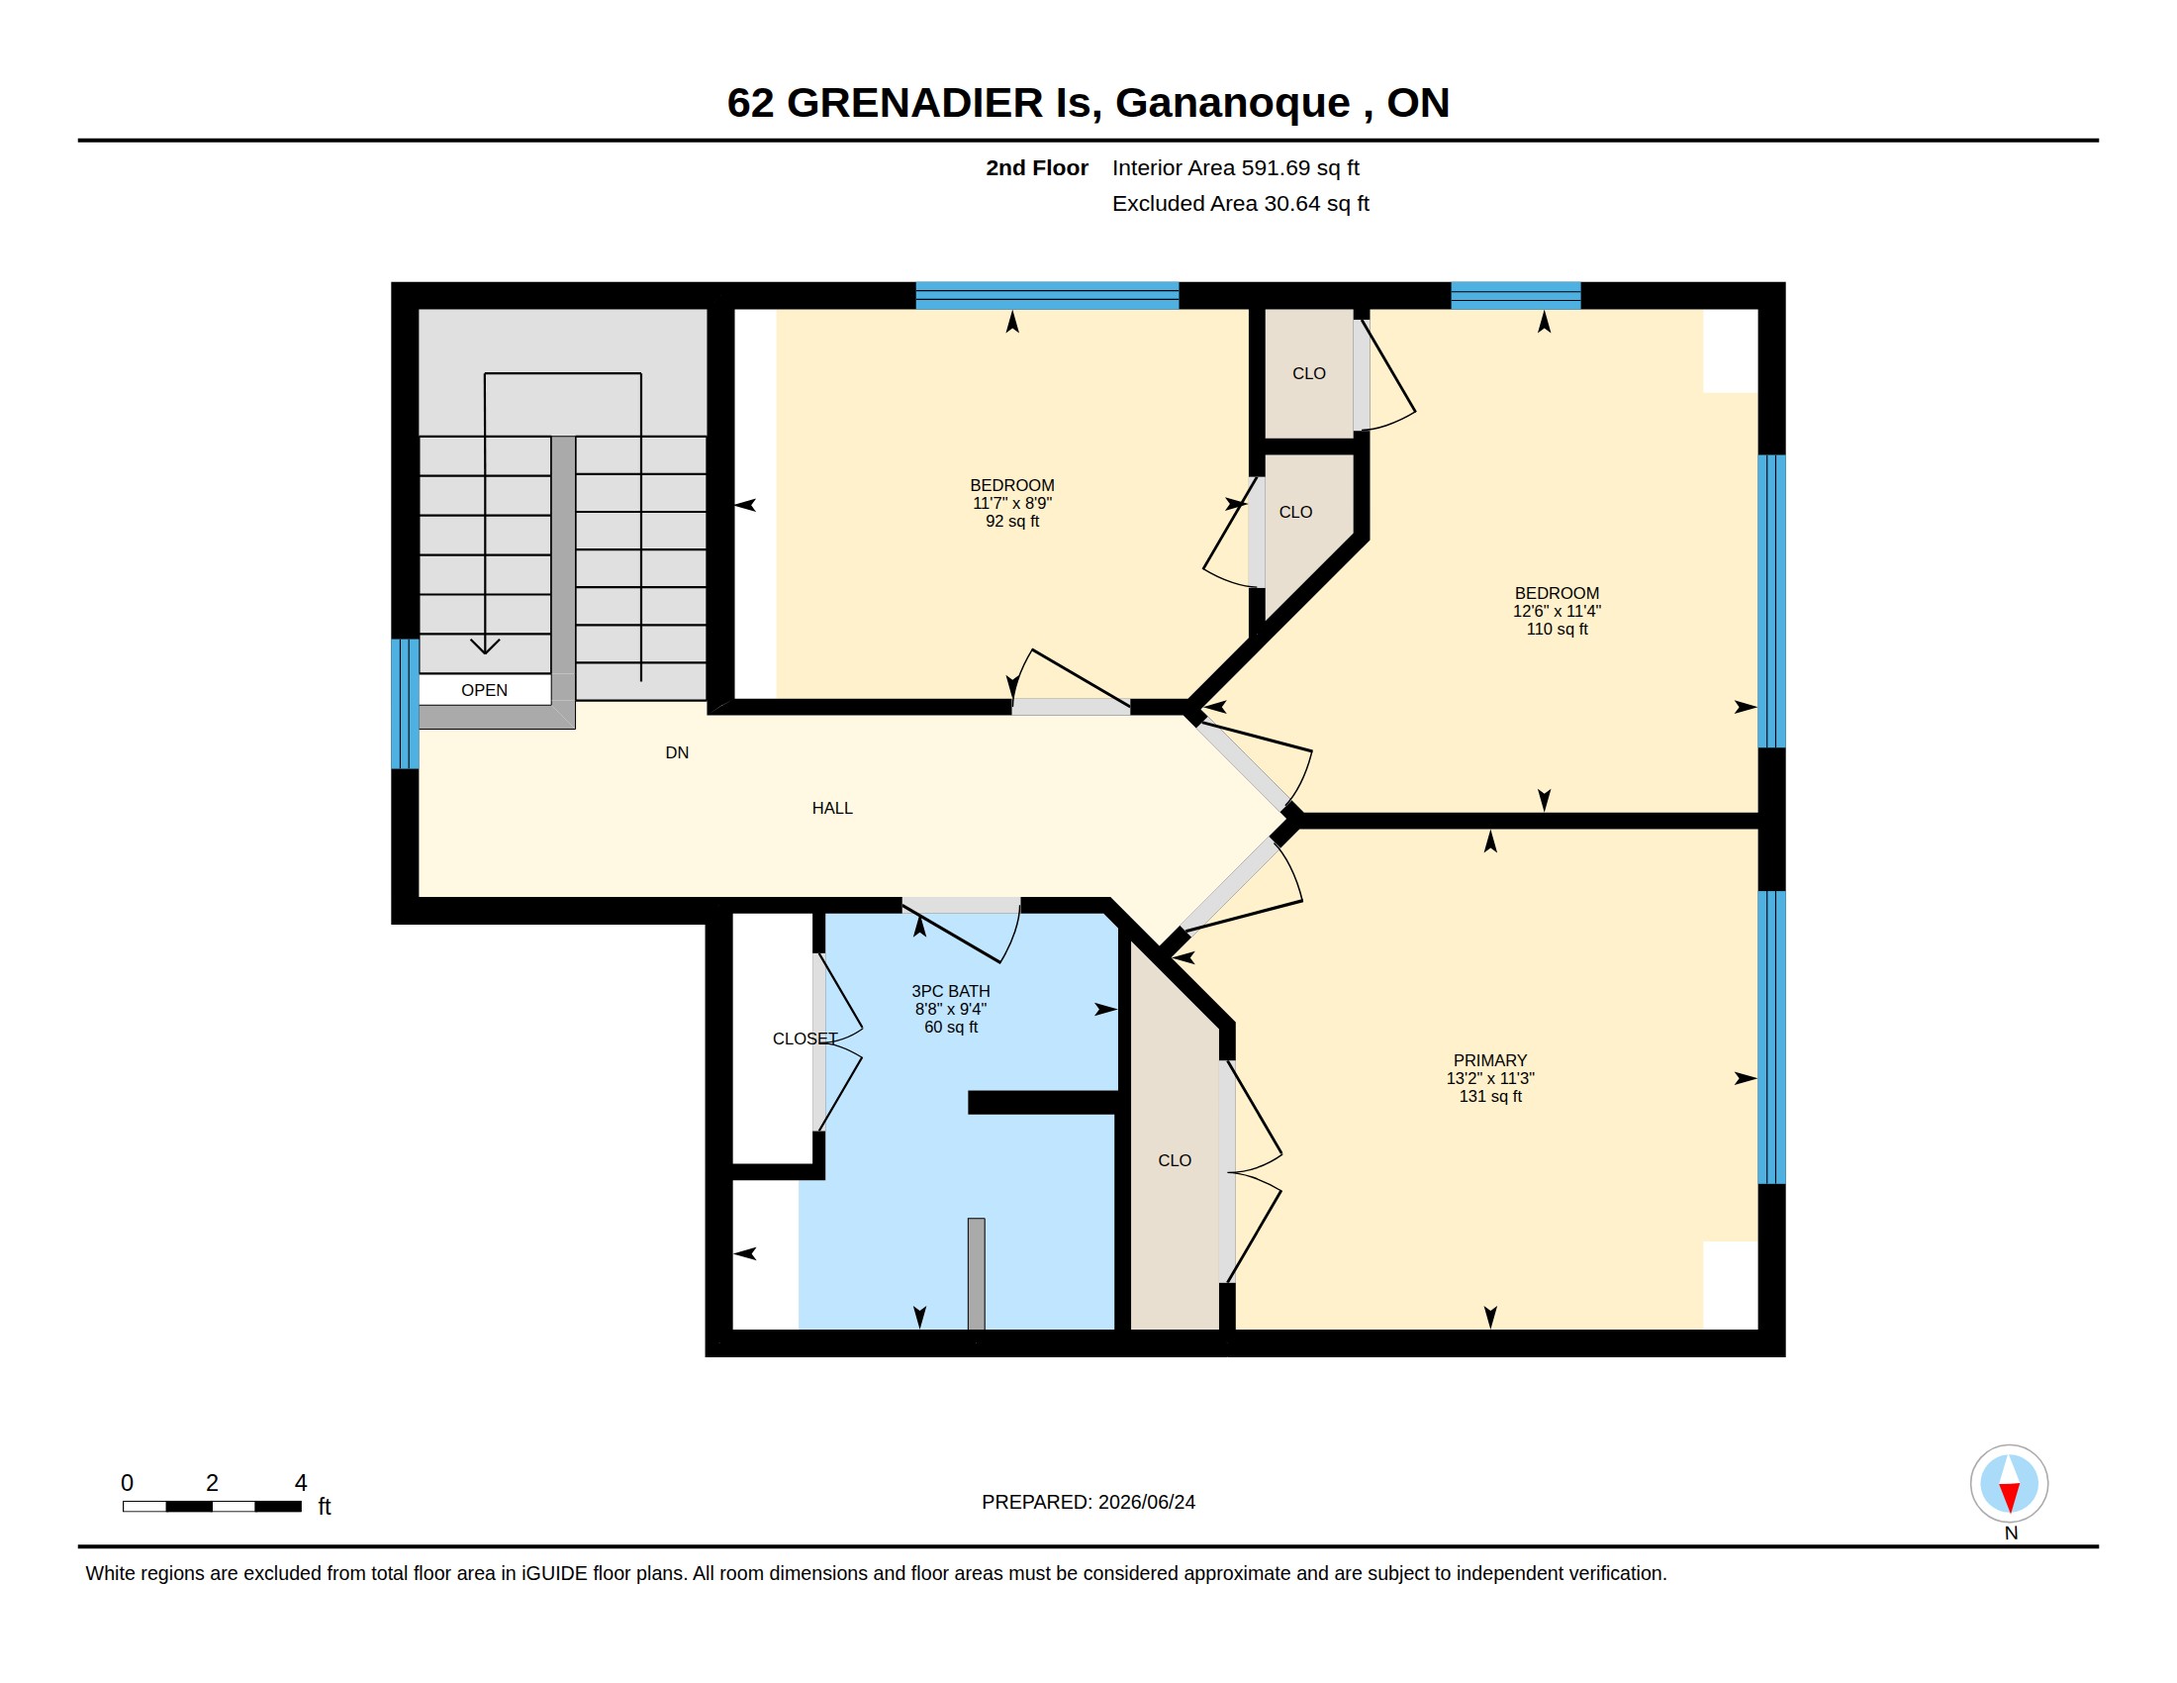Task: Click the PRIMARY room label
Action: pos(1489,1060)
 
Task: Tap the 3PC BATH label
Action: pos(950,991)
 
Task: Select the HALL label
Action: pos(832,808)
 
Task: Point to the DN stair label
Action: pos(677,752)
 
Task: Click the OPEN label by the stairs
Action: pos(485,690)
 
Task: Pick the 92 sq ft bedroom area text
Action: pos(1011,522)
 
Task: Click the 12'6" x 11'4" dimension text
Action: pos(1557,611)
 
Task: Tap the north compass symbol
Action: pos(2009,1483)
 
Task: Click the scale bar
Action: pos(212,1506)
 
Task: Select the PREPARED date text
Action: pos(1088,1502)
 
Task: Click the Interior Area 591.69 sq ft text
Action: pos(1235,167)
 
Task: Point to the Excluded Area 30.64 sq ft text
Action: pos(1240,203)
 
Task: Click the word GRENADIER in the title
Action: pos(914,103)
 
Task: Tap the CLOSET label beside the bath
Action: pos(805,1039)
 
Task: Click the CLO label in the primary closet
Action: pos(1175,1160)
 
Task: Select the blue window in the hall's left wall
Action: pos(405,704)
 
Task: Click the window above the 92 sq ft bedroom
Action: pos(1047,295)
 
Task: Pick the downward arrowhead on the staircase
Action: pos(485,646)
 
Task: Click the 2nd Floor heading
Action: pos(1037,167)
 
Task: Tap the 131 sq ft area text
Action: pos(1490,1096)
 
